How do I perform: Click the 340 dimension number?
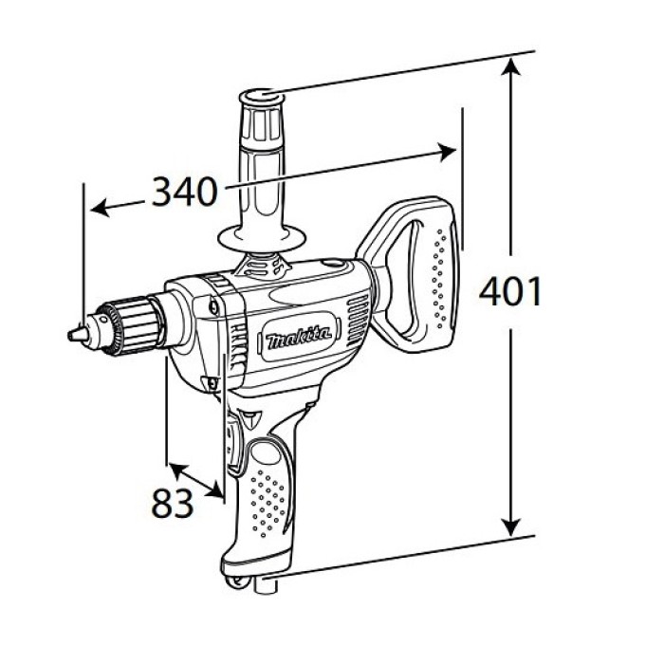[x=185, y=192]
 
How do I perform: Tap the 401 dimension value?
[x=510, y=291]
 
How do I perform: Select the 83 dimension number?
[x=173, y=503]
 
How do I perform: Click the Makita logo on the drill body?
[x=299, y=337]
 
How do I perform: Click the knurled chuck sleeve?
[x=135, y=325]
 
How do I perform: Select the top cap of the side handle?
[x=262, y=99]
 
